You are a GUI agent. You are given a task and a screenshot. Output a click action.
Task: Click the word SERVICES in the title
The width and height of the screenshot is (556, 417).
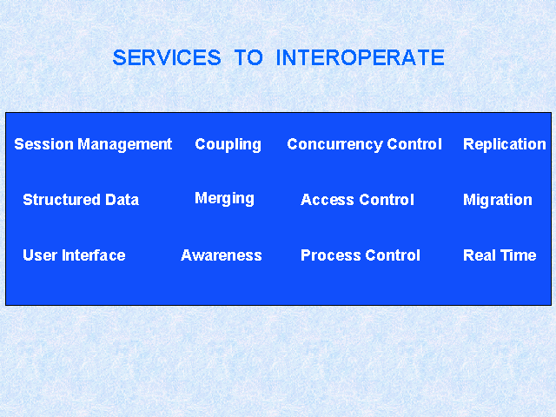point(167,57)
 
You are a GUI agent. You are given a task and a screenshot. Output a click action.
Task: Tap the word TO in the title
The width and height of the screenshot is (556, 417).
point(248,57)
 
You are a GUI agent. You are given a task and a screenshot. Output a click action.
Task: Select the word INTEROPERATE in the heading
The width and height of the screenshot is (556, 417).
point(360,57)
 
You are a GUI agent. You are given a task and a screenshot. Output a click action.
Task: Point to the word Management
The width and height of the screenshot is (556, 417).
point(125,144)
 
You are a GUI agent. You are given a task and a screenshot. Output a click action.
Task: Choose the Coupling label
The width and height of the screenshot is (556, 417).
point(228,145)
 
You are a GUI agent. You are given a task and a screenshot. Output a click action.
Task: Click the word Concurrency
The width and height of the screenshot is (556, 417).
point(335,145)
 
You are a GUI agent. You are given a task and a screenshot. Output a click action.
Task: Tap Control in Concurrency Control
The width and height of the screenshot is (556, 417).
point(414,144)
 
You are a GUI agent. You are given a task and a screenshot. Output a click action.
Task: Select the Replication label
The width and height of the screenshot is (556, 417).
point(505,145)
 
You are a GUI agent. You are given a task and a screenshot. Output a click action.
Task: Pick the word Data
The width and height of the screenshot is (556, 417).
point(122,200)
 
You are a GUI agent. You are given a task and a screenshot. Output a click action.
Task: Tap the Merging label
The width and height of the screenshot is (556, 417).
point(224,199)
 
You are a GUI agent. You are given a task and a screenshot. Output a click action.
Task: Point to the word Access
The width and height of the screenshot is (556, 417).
point(328,200)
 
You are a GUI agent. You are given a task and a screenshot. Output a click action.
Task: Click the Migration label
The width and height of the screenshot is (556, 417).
point(498,201)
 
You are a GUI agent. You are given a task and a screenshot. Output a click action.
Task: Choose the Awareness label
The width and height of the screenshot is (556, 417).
point(222,255)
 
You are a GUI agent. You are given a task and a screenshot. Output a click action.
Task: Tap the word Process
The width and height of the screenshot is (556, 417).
point(331,255)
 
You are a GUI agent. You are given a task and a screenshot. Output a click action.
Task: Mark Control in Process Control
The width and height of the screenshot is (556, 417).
point(393,255)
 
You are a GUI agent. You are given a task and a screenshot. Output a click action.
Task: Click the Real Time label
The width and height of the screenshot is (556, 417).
point(500,255)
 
